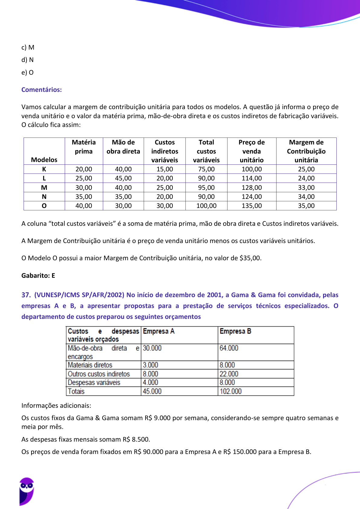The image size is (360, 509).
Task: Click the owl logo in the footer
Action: pyautogui.click(x=27, y=491)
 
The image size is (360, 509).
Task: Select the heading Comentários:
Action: pyautogui.click(x=41, y=90)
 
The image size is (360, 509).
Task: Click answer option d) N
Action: pyautogui.click(x=28, y=60)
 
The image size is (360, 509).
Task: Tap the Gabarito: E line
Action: pyautogui.click(x=38, y=275)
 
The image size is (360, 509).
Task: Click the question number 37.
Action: pyautogui.click(x=26, y=295)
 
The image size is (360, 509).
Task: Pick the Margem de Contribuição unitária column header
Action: pyautogui.click(x=306, y=151)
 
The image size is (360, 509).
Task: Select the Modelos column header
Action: pyautogui.click(x=44, y=160)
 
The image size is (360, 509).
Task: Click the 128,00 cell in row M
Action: pyautogui.click(x=251, y=188)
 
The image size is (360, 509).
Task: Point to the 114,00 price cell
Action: pyautogui.click(x=251, y=178)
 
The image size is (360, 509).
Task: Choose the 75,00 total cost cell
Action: pyautogui.click(x=206, y=169)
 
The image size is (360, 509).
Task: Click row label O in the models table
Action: pyautogui.click(x=44, y=206)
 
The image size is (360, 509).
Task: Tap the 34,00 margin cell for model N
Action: pyautogui.click(x=306, y=197)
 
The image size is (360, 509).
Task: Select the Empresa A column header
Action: pyautogui.click(x=159, y=331)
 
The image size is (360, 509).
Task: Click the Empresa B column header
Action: pyautogui.click(x=235, y=331)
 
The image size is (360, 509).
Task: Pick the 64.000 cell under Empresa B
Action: pyautogui.click(x=229, y=348)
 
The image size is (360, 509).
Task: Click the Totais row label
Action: pyautogui.click(x=76, y=391)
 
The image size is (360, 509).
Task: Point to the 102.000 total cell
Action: pyautogui.click(x=231, y=391)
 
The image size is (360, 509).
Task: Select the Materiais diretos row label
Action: pyautogui.click(x=90, y=365)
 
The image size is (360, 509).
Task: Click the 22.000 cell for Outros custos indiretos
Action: pyautogui.click(x=229, y=374)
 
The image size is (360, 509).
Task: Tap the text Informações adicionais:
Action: pyautogui.click(x=56, y=406)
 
